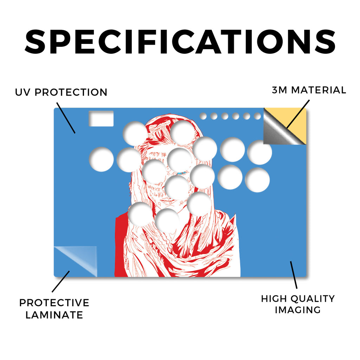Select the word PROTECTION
pyautogui.click(x=71, y=92)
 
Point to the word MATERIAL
pyautogui.click(x=319, y=90)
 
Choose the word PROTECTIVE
pyautogui.click(x=54, y=303)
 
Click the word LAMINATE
pyautogui.click(x=54, y=315)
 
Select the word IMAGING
pyautogui.click(x=298, y=310)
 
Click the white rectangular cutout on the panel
pyautogui.click(x=101, y=118)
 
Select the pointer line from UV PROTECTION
pyautogui.click(x=66, y=118)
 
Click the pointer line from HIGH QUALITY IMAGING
pyautogui.click(x=294, y=275)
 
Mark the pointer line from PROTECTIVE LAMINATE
pyautogui.click(x=60, y=282)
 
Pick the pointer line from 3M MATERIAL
pyautogui.click(x=298, y=114)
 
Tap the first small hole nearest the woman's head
pyautogui.click(x=203, y=116)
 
